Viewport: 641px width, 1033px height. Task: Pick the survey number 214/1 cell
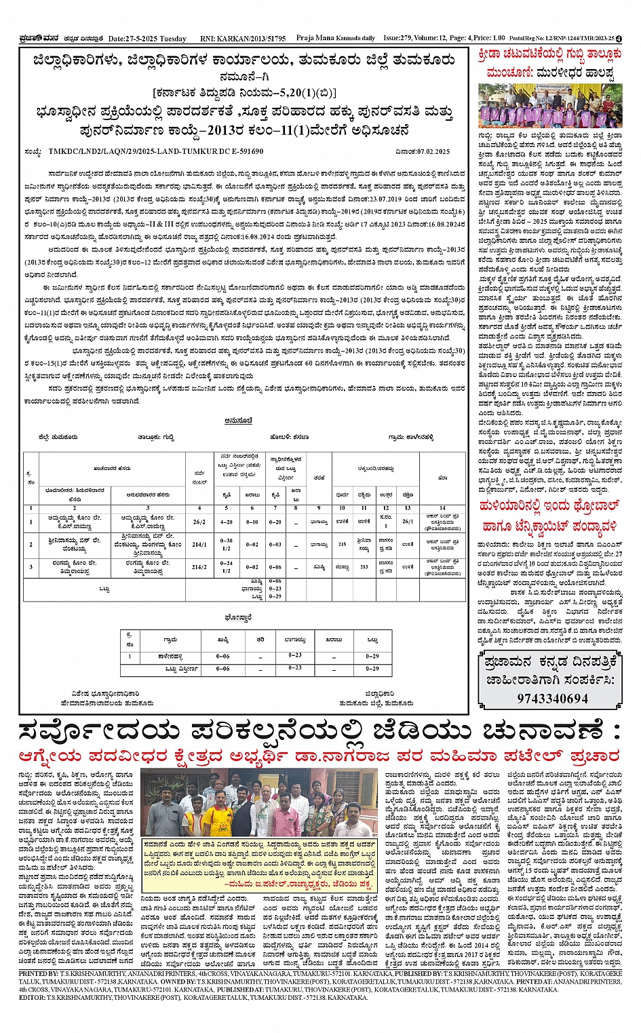[x=199, y=544]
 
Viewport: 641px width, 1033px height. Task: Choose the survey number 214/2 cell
[x=199, y=567]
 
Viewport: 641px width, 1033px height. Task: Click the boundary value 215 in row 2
[x=342, y=544]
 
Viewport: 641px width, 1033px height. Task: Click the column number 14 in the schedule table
[x=442, y=507]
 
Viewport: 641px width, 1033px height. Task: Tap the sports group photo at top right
[x=549, y=106]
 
